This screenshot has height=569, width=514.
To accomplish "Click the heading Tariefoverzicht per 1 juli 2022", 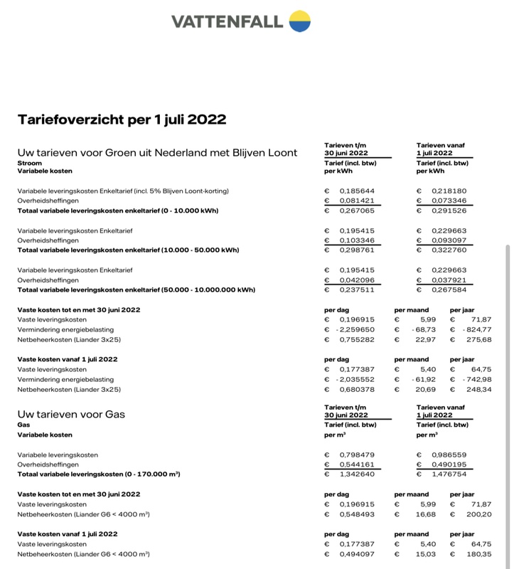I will [x=122, y=119].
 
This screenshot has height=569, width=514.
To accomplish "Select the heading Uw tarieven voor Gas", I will [x=71, y=414].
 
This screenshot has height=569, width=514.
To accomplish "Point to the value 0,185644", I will [x=357, y=191].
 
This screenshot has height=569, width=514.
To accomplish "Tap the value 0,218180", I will [x=449, y=191].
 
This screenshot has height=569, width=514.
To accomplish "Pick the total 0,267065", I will [x=357, y=211].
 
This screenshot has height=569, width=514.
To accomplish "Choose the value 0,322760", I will [x=449, y=250].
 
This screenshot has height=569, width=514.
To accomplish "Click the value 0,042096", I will [x=357, y=280].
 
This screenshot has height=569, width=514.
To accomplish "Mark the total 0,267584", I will [x=449, y=290].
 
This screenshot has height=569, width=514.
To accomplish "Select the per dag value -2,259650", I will [x=355, y=330].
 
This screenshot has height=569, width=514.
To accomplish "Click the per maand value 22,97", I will [x=425, y=340].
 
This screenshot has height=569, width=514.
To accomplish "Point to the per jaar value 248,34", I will [x=477, y=390].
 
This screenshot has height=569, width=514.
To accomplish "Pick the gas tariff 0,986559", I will [x=449, y=454].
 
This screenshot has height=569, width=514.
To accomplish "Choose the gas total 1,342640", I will [x=357, y=474].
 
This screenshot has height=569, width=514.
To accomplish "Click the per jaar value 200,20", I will [x=477, y=514].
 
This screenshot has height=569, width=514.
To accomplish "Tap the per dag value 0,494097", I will [x=357, y=554].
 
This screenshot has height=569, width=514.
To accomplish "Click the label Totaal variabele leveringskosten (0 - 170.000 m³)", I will [x=98, y=474].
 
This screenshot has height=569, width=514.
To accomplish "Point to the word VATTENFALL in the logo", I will [x=227, y=21].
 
